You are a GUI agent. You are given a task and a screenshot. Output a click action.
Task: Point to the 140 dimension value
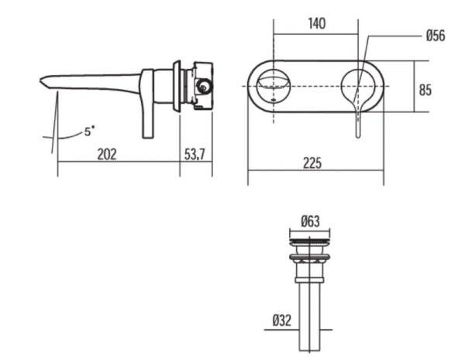[316, 23]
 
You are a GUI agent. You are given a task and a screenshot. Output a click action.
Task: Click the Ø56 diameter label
[435, 36]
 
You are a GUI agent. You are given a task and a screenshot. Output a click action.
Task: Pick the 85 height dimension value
[425, 89]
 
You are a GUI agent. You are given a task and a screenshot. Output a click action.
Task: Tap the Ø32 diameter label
[281, 321]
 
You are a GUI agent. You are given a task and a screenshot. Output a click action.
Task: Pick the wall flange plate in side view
[177, 85]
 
